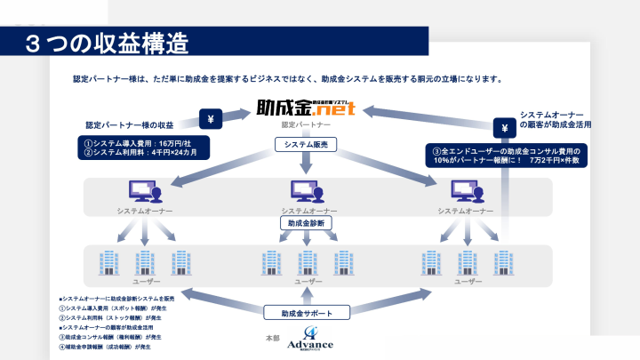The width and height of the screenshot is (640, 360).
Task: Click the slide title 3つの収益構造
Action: pyautogui.click(x=106, y=43)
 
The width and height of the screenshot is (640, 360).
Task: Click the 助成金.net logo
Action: pyautogui.click(x=306, y=109)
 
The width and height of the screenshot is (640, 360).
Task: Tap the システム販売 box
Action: pyautogui.click(x=306, y=144)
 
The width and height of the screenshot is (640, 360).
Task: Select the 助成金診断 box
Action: pyautogui.click(x=306, y=225)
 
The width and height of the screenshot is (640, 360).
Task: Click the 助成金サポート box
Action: pyautogui.click(x=306, y=313)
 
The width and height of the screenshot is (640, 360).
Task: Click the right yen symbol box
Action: pyautogui.click(x=504, y=131)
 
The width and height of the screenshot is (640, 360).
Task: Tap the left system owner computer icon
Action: pyautogui.click(x=144, y=191)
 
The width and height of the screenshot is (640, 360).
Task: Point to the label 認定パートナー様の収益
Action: pyautogui.click(x=130, y=125)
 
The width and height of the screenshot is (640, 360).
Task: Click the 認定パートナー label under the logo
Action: pyautogui.click(x=306, y=126)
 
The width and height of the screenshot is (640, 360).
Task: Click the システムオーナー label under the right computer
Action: pyautogui.click(x=465, y=211)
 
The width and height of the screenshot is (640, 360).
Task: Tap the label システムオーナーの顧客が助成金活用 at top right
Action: pyautogui.click(x=555, y=120)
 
